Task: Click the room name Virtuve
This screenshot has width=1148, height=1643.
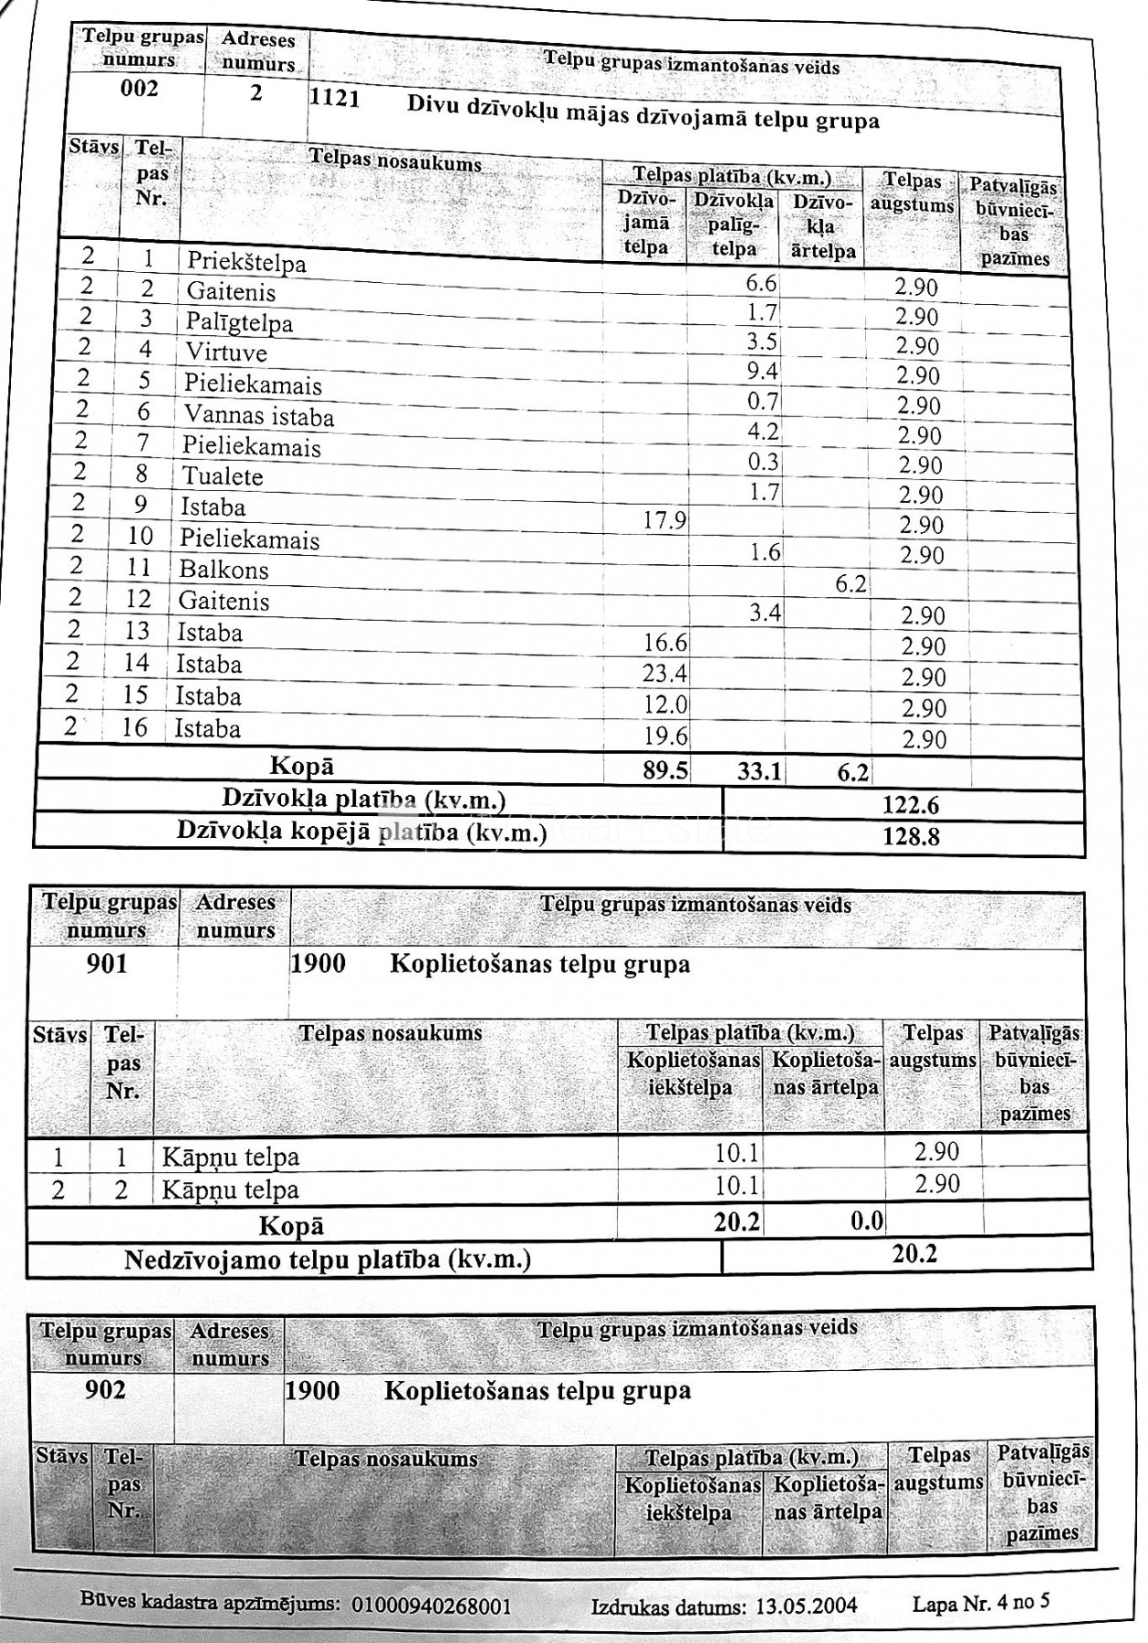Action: [x=227, y=352]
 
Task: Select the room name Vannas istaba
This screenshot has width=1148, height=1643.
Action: [x=259, y=415]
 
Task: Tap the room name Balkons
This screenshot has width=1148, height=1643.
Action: [x=224, y=570]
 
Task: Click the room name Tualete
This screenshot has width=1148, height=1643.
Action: [x=223, y=476]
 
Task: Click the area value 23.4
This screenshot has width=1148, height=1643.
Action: [x=665, y=674]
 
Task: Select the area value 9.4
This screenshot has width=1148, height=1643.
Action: [x=762, y=371]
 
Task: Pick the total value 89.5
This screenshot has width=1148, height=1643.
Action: [x=665, y=770]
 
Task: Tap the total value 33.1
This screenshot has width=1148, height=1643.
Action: [x=759, y=772]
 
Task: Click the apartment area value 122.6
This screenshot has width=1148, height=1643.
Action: [x=911, y=805]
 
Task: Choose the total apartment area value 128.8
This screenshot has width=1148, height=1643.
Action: [x=911, y=836]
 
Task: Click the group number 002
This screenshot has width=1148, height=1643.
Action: [x=140, y=89]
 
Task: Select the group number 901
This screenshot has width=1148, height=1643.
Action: [x=107, y=964]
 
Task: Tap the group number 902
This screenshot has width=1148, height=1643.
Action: [x=105, y=1390]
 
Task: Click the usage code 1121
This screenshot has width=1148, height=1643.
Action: [x=335, y=98]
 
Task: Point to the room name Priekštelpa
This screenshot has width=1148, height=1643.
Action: [x=246, y=263]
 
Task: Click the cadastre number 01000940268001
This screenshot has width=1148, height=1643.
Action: [x=432, y=1606]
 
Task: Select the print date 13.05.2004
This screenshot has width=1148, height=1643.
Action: [x=807, y=1606]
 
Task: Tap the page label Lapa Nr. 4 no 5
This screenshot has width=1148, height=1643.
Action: [x=981, y=1602]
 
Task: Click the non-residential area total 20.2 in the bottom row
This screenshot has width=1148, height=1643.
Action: [x=914, y=1253]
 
